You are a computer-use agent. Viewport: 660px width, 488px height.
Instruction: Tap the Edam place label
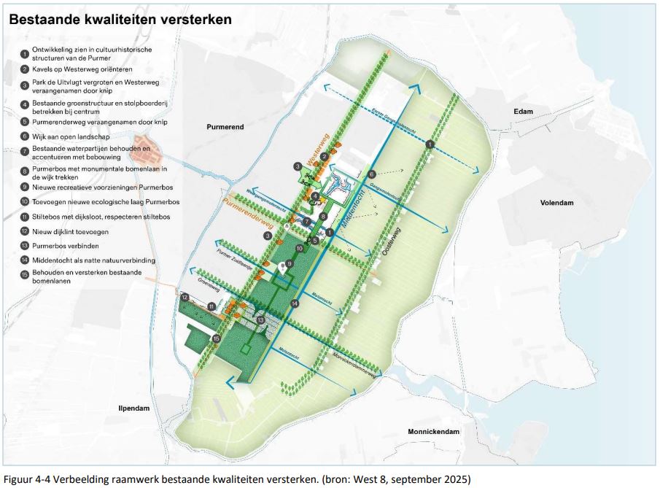523,112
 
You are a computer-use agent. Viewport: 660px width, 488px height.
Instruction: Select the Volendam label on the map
559,203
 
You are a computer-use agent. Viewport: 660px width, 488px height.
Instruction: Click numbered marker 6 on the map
371,174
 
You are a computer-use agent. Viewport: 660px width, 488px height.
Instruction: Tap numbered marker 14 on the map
294,303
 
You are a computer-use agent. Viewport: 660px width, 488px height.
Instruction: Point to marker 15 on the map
216,339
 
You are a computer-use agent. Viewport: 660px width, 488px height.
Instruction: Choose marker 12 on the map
185,297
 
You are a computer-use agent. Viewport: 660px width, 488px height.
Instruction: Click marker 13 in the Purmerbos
260,319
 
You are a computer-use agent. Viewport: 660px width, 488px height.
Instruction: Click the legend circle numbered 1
24,53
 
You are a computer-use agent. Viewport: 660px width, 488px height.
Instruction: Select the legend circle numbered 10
24,201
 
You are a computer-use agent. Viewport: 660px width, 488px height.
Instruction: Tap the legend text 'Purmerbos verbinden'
74,245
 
